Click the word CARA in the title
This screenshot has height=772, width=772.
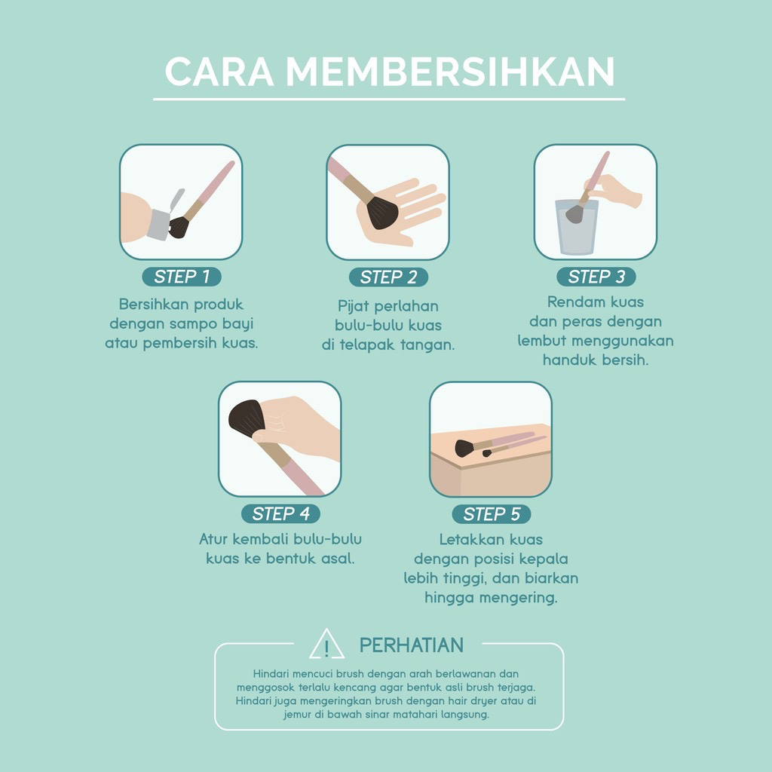pyautogui.click(x=219, y=72)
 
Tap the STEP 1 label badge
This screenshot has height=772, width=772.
pyautogui.click(x=182, y=277)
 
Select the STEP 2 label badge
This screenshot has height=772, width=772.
pyautogui.click(x=388, y=277)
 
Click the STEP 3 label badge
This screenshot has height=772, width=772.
pyautogui.click(x=596, y=277)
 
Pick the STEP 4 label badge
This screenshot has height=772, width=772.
pyautogui.click(x=280, y=514)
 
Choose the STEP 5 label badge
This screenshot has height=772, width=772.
pyautogui.click(x=492, y=514)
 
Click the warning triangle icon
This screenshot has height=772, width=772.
pyautogui.click(x=326, y=645)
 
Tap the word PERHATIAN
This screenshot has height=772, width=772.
pyautogui.click(x=411, y=645)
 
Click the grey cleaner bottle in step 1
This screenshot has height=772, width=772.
pyautogui.click(x=158, y=224)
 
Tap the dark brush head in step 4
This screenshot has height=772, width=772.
pyautogui.click(x=244, y=419)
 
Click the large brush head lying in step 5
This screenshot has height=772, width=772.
pyautogui.click(x=464, y=449)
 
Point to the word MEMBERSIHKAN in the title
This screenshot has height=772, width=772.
pyautogui.click(x=450, y=72)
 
